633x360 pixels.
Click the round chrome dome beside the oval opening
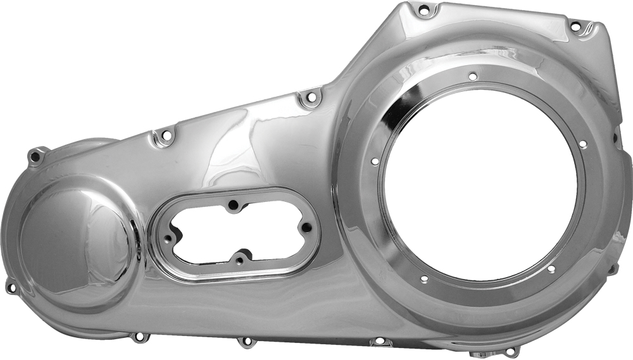pyautogui.click(x=77, y=244)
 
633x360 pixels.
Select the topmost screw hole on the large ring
pyautogui.click(x=473, y=76)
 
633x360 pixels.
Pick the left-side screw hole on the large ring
pyautogui.click(x=375, y=161)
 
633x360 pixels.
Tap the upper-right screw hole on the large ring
pyautogui.click(x=583, y=144)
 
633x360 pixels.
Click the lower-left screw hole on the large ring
pyautogui.click(x=423, y=279)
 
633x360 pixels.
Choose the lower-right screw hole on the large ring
pyautogui.click(x=551, y=269)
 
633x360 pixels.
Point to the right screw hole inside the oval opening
pyautogui.click(x=306, y=229)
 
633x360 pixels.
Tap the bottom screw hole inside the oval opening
pyautogui.click(x=239, y=259)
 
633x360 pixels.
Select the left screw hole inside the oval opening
pyautogui.click(x=168, y=239)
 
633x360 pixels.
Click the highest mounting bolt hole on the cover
pyautogui.click(x=423, y=10)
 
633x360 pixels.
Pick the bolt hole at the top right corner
pyautogui.click(x=575, y=27)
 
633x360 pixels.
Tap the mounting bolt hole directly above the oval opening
pyautogui.click(x=310, y=99)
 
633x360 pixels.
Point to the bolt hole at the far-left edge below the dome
pyautogui.click(x=11, y=287)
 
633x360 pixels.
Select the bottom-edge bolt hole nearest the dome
pyautogui.click(x=137, y=337)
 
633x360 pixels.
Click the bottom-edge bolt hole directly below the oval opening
pyautogui.click(x=246, y=342)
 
